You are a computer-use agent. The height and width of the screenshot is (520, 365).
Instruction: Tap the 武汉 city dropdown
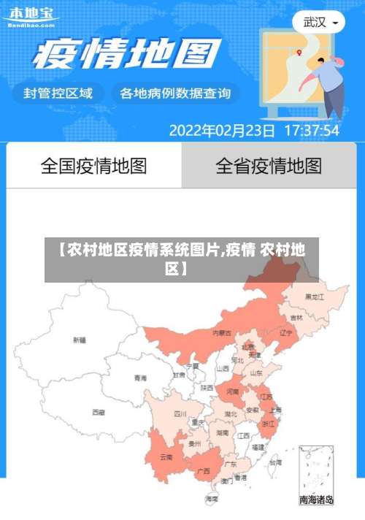[x=319, y=22]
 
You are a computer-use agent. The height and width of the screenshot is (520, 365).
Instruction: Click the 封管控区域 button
[x=58, y=93]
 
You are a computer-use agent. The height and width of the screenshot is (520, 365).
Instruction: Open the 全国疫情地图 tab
[x=93, y=166]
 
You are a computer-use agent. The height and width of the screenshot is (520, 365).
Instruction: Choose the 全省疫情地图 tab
[x=269, y=166]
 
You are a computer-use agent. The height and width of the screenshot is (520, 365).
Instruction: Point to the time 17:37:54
[x=311, y=131]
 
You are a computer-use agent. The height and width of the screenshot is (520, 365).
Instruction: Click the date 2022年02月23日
[x=223, y=131]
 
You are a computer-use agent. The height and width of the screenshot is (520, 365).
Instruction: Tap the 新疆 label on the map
[x=80, y=340]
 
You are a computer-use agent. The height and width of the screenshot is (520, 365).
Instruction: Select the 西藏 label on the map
[x=99, y=412]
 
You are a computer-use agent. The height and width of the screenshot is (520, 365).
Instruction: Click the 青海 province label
[x=140, y=378]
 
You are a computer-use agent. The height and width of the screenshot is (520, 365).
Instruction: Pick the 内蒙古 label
[x=222, y=332]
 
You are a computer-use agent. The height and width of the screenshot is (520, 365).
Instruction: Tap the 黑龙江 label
[x=315, y=297]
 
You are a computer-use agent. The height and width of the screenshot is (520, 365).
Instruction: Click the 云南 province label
[x=166, y=457]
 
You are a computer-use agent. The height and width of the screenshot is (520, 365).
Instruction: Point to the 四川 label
[x=180, y=413]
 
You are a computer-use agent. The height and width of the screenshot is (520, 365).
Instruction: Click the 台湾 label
[x=275, y=462]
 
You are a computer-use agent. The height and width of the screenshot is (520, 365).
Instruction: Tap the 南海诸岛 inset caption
[x=317, y=500]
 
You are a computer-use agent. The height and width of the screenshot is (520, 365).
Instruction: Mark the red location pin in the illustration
[x=299, y=52]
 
